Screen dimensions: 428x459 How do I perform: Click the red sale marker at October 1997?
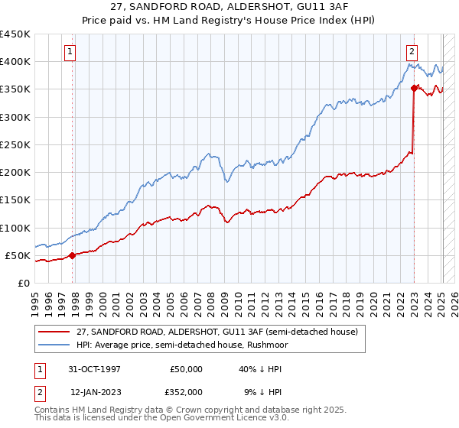click(73, 255)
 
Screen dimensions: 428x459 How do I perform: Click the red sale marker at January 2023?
click(414, 88)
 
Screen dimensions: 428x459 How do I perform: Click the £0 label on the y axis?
click(23, 283)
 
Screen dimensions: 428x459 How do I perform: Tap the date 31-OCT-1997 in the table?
click(95, 369)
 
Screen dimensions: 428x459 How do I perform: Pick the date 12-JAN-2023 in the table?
click(95, 391)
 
